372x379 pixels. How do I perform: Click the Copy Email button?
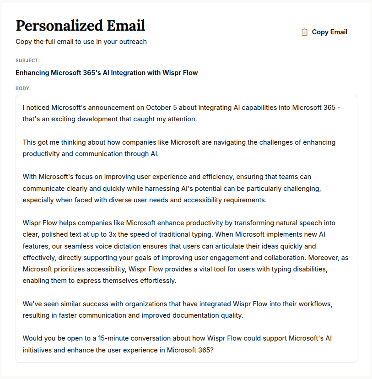(x=324, y=32)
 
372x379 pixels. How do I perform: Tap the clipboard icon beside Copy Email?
(x=304, y=32)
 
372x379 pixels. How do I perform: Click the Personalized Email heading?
(x=80, y=25)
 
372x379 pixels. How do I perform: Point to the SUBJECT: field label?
(x=27, y=60)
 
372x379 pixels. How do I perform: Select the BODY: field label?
(x=23, y=88)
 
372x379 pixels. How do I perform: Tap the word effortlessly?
(x=153, y=281)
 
